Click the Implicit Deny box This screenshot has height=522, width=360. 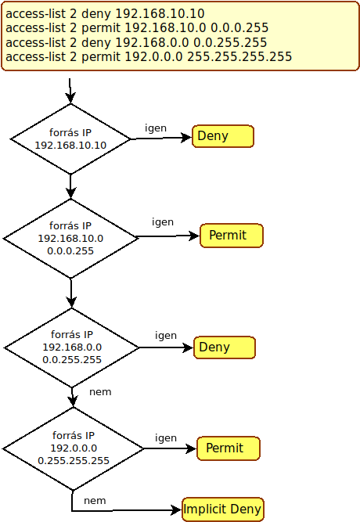(x=223, y=509)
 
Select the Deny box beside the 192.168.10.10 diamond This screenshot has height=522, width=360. (x=223, y=136)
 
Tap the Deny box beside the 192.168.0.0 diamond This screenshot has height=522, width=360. (x=225, y=347)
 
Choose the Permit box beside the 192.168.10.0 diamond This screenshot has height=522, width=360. (x=232, y=236)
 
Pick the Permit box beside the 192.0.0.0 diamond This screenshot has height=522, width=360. (x=229, y=448)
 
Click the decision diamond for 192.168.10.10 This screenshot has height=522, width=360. (x=70, y=139)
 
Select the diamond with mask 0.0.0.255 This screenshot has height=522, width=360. (x=70, y=239)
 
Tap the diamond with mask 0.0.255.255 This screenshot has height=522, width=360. (x=71, y=347)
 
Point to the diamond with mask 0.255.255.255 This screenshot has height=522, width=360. (x=74, y=448)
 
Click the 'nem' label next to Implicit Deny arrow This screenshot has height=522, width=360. (x=95, y=501)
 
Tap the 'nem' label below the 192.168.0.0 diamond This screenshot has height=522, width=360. (x=100, y=392)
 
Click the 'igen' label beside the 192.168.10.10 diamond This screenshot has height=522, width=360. (x=156, y=128)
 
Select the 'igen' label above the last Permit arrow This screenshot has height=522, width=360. (x=166, y=438)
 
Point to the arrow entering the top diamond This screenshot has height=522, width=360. (x=70, y=91)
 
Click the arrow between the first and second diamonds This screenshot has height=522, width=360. (x=70, y=186)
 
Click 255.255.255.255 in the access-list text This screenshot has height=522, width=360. (x=239, y=56)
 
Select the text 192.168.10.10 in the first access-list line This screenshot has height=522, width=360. (x=160, y=13)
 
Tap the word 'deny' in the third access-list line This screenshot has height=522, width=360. (x=96, y=42)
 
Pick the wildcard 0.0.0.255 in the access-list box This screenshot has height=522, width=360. (x=239, y=27)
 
